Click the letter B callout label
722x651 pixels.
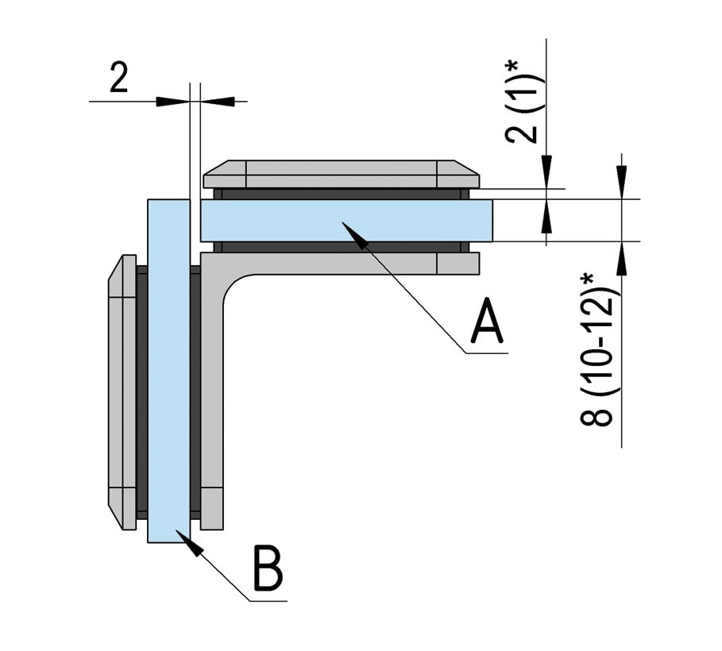(x=268, y=568)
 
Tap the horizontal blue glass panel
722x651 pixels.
(x=413, y=221)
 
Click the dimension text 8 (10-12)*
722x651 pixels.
(x=600, y=349)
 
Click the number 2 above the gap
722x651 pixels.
(x=118, y=79)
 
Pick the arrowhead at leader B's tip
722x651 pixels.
(x=187, y=541)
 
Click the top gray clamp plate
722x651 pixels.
(x=342, y=174)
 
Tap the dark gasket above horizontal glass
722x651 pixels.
(x=342, y=194)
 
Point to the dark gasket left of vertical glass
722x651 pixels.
(x=142, y=389)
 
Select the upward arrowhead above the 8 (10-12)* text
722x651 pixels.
(x=621, y=255)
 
